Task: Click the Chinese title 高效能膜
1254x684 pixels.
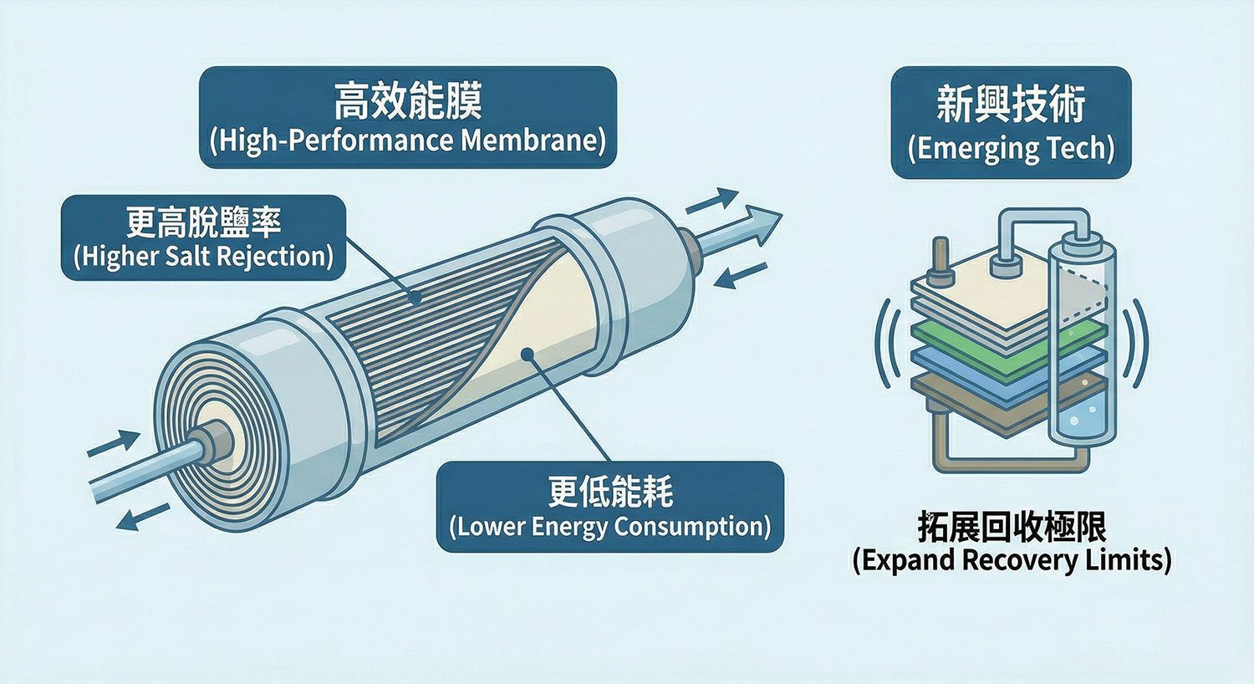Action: click(407, 102)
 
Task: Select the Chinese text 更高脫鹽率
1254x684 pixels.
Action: click(203, 222)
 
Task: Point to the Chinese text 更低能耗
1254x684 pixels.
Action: click(610, 492)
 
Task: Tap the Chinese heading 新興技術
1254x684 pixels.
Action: click(1011, 106)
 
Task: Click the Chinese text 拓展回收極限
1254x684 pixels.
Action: click(1012, 528)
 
